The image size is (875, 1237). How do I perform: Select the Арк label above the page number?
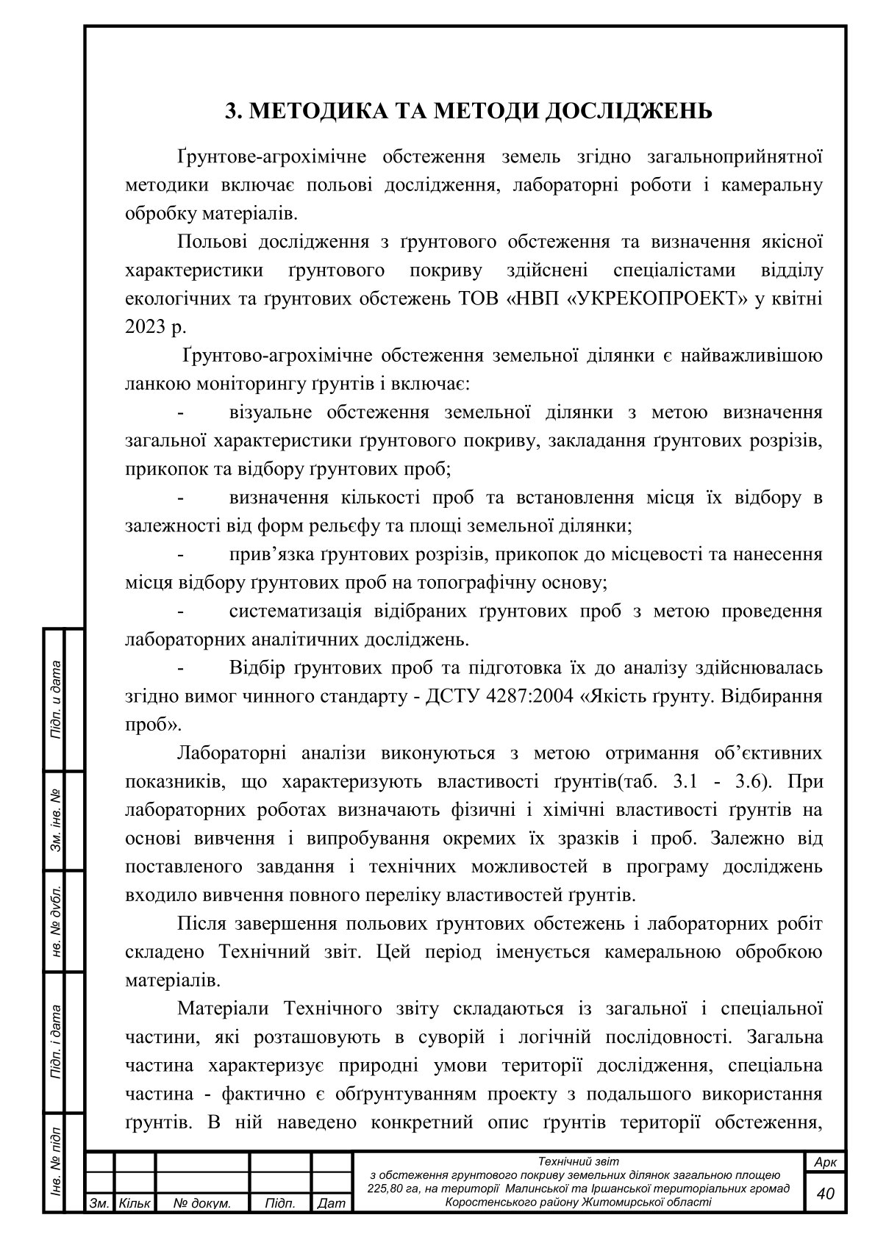click(x=826, y=1163)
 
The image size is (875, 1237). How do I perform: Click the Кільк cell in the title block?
click(x=134, y=1204)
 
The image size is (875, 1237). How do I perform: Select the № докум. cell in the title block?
click(x=202, y=1204)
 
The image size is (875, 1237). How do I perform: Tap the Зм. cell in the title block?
click(x=99, y=1204)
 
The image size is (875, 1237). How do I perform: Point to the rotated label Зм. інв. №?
click(x=55, y=822)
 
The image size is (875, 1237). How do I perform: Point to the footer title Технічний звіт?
click(x=579, y=1161)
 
